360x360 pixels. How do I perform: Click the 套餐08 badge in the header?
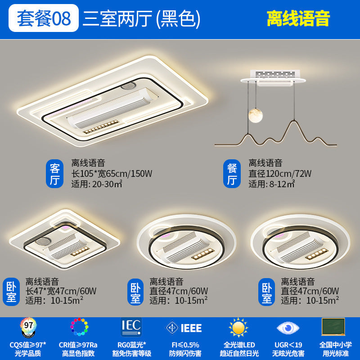pos(44,18)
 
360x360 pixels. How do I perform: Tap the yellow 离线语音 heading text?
pos(298,18)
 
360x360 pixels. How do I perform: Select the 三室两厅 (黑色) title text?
pos(141,18)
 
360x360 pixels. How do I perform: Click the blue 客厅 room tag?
pos(55,175)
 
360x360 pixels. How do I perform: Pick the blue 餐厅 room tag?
pos(232,175)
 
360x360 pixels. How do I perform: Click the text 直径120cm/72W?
pos(280,173)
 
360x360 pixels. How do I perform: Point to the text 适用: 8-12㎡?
pos(272,184)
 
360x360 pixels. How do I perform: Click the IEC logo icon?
pos(131,327)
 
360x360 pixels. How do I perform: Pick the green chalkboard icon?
pos(333,327)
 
